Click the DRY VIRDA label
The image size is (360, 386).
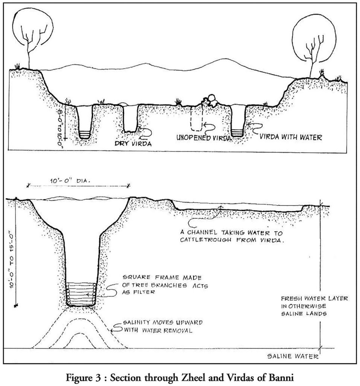tap(133, 143)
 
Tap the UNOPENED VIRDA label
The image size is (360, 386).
tap(204, 137)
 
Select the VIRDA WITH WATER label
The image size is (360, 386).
tap(291, 137)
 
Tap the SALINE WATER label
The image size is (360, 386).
tap(293, 356)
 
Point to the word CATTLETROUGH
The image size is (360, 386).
tap(206, 240)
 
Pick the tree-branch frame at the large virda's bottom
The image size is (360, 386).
tap(81, 294)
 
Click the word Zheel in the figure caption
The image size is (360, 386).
tap(183, 377)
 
